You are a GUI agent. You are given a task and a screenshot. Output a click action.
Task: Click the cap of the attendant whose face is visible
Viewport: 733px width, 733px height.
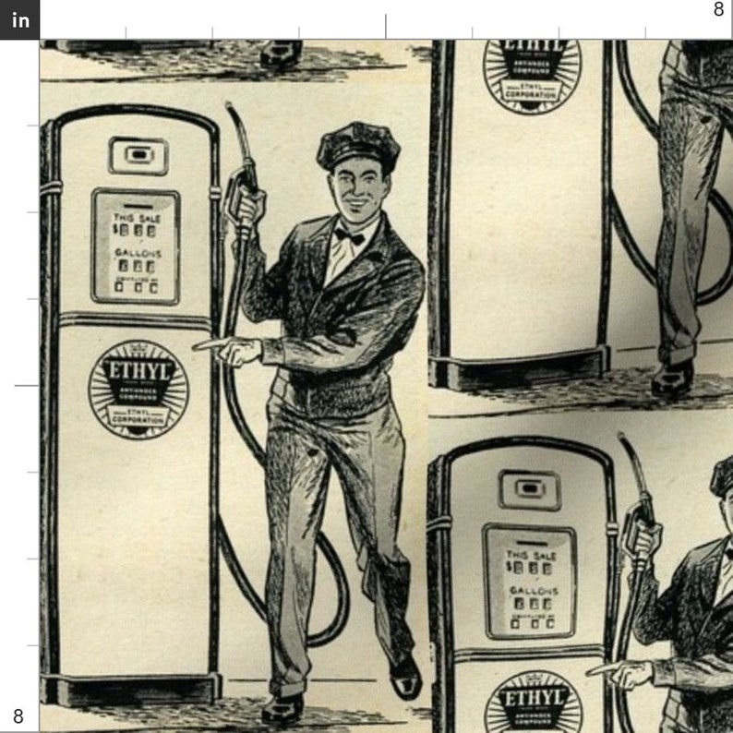point(357,146)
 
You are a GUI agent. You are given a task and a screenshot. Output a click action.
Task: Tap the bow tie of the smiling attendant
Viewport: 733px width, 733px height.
point(350,236)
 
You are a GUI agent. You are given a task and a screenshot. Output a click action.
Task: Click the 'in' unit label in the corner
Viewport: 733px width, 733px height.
point(19,19)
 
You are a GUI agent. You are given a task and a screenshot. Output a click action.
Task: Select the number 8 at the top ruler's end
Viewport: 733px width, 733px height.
point(718,10)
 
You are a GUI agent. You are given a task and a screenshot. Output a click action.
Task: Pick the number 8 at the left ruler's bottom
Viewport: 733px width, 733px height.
point(18,715)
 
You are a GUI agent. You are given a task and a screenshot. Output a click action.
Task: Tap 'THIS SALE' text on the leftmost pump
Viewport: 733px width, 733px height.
point(137,218)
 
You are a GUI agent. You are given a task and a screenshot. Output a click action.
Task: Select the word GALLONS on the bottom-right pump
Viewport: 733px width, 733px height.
point(530,589)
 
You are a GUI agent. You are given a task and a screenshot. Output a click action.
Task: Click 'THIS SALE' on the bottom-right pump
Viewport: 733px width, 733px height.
point(531,556)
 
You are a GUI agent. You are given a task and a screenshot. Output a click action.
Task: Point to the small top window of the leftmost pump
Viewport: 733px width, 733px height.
point(138,155)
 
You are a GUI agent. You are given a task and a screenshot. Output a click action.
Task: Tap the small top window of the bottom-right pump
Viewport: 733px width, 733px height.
point(530,489)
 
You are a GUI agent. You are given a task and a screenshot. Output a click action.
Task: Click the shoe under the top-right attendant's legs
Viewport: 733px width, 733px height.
point(672,378)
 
